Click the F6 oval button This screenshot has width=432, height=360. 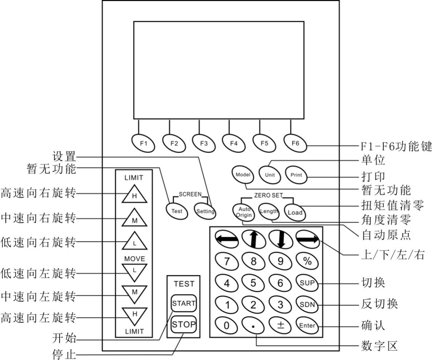[x=295, y=143]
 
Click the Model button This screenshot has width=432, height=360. [x=243, y=174]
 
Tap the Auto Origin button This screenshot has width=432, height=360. [x=243, y=212]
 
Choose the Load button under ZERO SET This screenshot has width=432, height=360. [x=295, y=213]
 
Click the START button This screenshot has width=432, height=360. [x=184, y=303]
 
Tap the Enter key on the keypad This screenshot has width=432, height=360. [x=307, y=325]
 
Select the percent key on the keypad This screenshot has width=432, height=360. [x=307, y=261]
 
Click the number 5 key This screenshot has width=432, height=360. [x=253, y=283]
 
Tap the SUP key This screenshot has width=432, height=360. [x=307, y=283]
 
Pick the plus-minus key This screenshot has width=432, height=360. [x=280, y=325]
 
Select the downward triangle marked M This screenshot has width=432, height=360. [x=134, y=292]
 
